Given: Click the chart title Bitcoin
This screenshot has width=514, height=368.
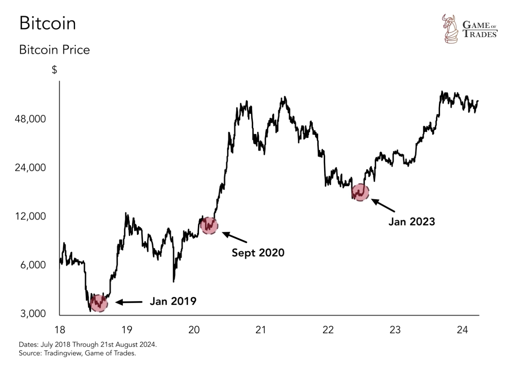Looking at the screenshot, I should click(x=48, y=23).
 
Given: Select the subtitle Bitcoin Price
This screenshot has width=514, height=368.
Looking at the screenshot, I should click(x=55, y=50).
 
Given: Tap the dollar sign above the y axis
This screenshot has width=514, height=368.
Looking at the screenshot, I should click(x=55, y=70).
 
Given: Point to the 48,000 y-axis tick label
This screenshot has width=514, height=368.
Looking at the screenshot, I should click(x=30, y=119).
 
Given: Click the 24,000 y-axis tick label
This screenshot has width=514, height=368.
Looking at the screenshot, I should click(x=30, y=168).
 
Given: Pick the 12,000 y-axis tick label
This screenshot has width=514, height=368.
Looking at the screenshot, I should click(x=30, y=216).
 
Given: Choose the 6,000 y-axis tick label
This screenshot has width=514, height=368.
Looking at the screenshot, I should click(x=33, y=265).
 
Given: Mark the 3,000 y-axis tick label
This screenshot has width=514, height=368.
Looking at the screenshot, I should click(x=33, y=314).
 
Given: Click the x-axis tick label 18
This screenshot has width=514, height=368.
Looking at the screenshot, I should click(x=60, y=330).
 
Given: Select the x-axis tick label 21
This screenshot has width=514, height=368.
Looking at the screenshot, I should click(x=261, y=330).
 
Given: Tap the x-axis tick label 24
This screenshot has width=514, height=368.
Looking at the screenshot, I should click(x=462, y=330).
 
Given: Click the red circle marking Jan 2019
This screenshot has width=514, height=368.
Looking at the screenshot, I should click(x=99, y=303).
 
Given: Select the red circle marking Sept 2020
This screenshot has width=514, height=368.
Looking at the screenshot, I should click(x=209, y=225).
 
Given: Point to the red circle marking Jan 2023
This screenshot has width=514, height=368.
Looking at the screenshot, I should click(x=360, y=192).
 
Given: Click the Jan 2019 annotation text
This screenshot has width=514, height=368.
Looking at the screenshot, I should click(x=173, y=302).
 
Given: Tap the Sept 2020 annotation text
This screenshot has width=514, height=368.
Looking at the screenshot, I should click(x=258, y=253).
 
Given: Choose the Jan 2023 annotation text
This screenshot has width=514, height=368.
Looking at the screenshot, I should click(x=411, y=222).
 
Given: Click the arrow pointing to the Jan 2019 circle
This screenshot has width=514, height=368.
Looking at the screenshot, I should click(x=129, y=302).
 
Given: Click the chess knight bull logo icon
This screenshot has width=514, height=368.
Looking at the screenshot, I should click(x=450, y=29).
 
